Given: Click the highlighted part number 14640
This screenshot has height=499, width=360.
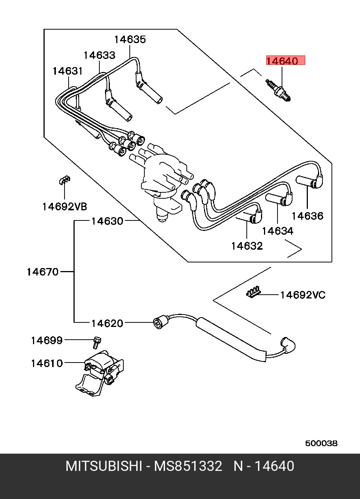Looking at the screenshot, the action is [x=282, y=61].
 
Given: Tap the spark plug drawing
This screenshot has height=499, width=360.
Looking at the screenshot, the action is [x=278, y=91].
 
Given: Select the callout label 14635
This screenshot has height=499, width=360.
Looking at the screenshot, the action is [x=130, y=40].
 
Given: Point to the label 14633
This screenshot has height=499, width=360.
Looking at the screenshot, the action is [x=99, y=55].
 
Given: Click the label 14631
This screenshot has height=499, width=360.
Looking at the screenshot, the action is [x=68, y=71].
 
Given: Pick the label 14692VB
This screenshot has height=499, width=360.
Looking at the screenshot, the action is [x=64, y=207].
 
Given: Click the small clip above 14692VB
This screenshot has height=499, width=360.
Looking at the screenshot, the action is [x=64, y=180].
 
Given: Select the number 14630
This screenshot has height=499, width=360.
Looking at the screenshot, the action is [x=107, y=222].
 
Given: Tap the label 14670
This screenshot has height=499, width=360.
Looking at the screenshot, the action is [x=42, y=272].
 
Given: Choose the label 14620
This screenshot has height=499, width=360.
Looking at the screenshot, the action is [x=107, y=323].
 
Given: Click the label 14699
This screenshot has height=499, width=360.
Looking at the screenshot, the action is [x=47, y=341].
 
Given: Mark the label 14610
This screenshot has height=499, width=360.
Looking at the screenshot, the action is [x=47, y=364].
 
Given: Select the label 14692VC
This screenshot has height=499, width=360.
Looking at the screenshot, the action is [x=303, y=295].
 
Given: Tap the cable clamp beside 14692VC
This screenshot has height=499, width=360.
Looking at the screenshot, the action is [x=253, y=292].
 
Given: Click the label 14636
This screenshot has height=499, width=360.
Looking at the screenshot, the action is [x=307, y=216].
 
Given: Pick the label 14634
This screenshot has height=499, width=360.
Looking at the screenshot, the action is [x=278, y=231].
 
